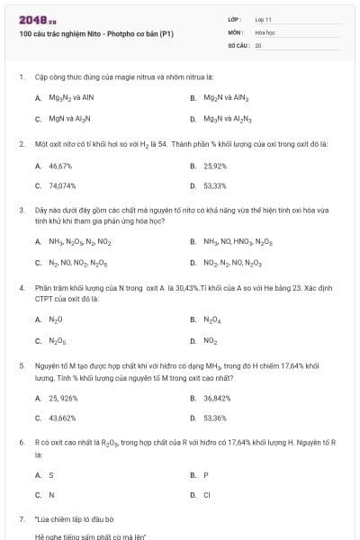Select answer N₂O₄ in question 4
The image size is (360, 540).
click(212, 319)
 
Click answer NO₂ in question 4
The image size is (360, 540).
click(211, 340)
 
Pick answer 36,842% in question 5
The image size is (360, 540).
click(217, 397)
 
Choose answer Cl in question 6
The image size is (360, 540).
click(207, 495)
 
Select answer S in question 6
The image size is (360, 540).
click(51, 474)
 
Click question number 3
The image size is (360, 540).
click(21, 209)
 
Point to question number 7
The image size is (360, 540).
click(21, 519)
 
